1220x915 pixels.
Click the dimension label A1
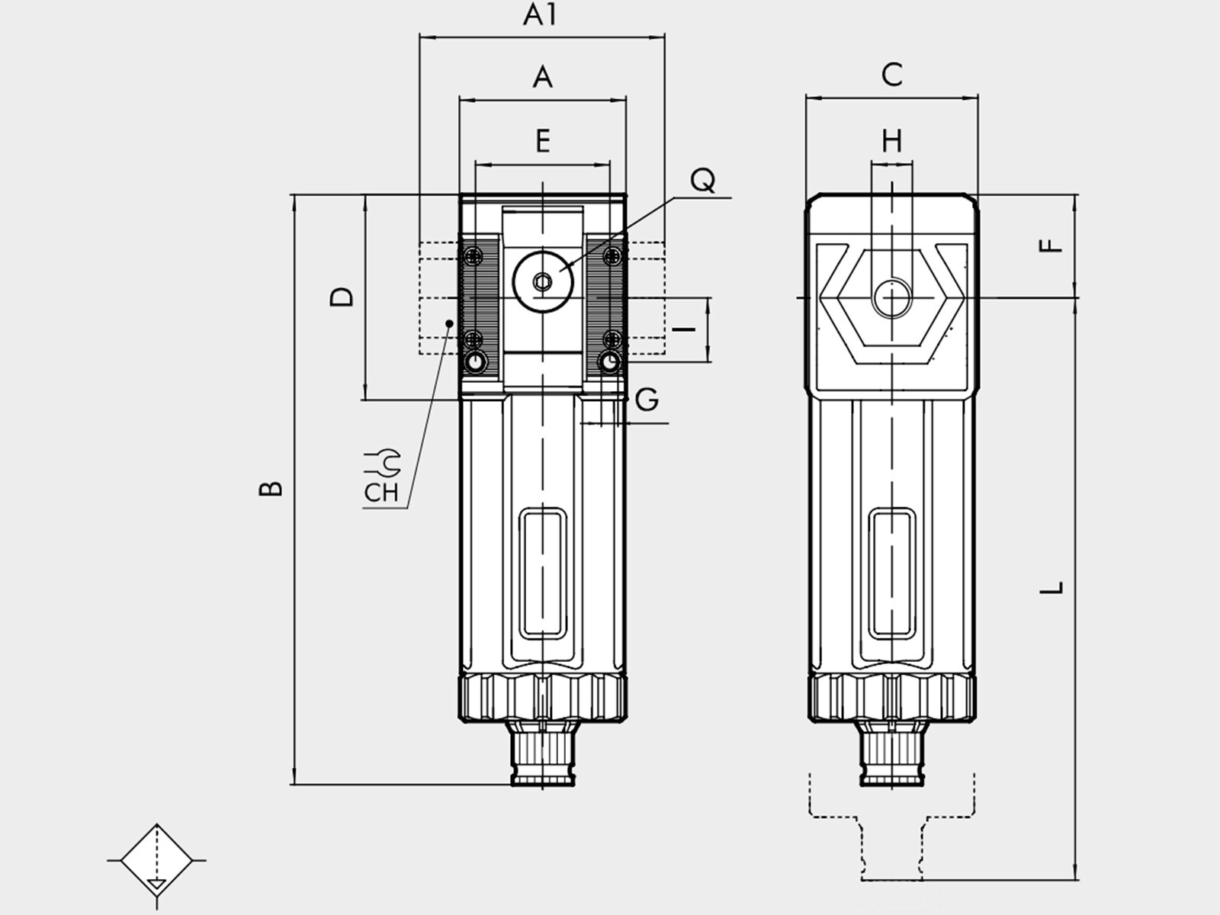(540, 16)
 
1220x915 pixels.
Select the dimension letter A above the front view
(542, 77)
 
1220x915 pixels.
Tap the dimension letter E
(543, 141)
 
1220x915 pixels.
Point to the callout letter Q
(702, 180)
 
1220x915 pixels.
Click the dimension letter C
(892, 75)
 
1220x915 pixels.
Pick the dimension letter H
(892, 141)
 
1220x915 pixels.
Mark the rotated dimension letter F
(1051, 246)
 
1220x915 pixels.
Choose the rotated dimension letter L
(1051, 588)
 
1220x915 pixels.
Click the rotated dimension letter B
(271, 488)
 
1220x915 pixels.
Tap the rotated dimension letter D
(342, 297)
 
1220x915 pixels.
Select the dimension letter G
(647, 400)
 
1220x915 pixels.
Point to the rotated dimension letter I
(684, 329)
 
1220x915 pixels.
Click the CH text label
(381, 493)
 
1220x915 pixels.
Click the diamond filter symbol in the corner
(157, 860)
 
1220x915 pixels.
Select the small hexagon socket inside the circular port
(542, 282)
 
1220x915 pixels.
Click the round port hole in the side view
(892, 298)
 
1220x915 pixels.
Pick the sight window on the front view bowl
(542, 574)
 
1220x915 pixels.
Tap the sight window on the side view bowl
(892, 574)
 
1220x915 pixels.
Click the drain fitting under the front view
(542, 753)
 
